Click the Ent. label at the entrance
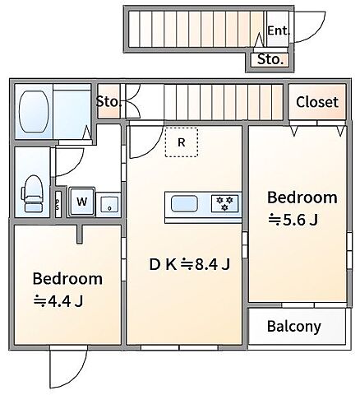(278, 30)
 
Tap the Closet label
(317, 102)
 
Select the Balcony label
(293, 327)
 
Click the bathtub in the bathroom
(34, 111)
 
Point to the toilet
(32, 193)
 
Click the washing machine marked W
(81, 202)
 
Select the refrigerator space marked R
(182, 142)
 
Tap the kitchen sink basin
(184, 203)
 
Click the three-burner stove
(224, 203)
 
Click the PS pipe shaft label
(58, 204)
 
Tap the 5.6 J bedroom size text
(293, 220)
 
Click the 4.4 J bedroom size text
(58, 301)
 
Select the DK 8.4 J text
(190, 265)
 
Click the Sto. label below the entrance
(270, 59)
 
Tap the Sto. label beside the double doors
(108, 102)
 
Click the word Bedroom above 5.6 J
(302, 197)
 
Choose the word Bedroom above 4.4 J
(67, 278)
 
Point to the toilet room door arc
(76, 168)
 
